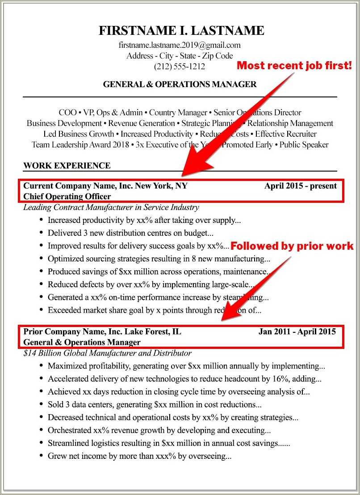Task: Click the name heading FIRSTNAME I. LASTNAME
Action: click(x=181, y=31)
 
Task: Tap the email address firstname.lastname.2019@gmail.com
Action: click(x=180, y=45)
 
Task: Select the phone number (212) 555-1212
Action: click(x=180, y=67)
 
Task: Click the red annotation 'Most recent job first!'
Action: click(x=294, y=66)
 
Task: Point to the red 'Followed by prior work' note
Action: click(x=292, y=246)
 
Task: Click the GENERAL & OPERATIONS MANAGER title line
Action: click(x=180, y=84)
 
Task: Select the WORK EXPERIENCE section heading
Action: click(x=67, y=166)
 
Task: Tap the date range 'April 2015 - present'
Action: click(x=300, y=186)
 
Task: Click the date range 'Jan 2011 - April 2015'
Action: click(x=297, y=331)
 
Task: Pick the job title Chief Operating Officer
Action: click(x=67, y=197)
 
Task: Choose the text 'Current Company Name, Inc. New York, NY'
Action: click(x=105, y=186)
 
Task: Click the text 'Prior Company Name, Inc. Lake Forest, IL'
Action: click(x=102, y=331)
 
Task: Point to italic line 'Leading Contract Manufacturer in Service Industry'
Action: click(x=111, y=207)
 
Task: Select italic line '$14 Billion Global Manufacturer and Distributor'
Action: click(x=107, y=353)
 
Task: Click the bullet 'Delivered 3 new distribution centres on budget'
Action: click(x=130, y=233)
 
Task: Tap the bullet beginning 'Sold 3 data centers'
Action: click(x=155, y=405)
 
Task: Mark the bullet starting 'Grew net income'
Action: click(x=139, y=456)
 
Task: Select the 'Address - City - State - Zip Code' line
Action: click(x=180, y=56)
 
